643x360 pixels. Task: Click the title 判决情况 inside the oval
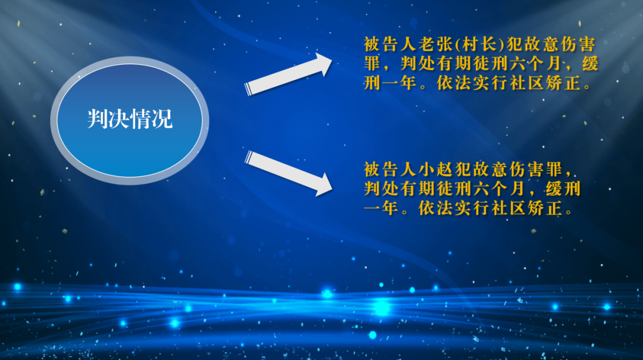(x=130, y=119)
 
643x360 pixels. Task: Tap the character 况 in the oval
(x=162, y=119)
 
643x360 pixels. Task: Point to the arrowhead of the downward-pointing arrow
(x=323, y=185)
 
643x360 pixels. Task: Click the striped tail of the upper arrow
(x=248, y=89)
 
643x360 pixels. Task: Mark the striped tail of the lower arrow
(x=249, y=158)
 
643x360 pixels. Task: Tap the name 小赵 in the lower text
(x=435, y=170)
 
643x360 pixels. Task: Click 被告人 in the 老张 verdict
(x=389, y=44)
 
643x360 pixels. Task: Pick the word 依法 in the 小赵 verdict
(x=435, y=208)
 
